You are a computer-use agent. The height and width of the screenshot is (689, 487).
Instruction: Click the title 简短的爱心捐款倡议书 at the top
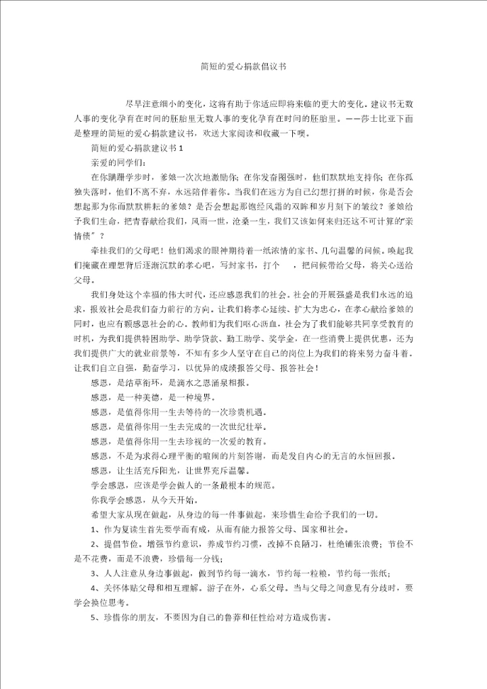243,67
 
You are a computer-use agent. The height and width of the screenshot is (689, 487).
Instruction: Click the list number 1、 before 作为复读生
95,530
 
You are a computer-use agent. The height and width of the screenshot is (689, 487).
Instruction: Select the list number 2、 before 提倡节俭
95,545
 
